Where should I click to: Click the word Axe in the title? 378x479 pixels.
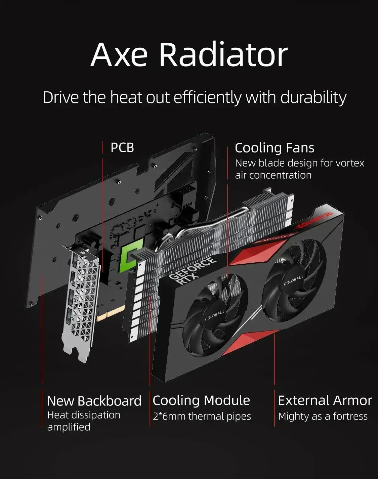click(119, 54)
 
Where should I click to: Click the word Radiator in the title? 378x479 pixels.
click(223, 54)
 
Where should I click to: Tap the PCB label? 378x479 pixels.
click(122, 147)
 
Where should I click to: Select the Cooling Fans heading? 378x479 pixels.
click(275, 148)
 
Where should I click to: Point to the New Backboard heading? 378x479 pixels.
click(94, 401)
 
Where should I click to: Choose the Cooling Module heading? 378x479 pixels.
click(201, 400)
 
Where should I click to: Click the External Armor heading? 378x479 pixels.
click(325, 400)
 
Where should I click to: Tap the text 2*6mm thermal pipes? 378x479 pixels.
click(202, 416)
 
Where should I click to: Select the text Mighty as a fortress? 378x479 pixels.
click(323, 416)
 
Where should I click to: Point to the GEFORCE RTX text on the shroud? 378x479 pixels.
click(191, 270)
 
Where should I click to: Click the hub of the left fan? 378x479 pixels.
click(215, 316)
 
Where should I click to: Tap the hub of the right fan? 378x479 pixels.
click(293, 279)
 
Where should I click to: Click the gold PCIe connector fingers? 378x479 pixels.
click(111, 312)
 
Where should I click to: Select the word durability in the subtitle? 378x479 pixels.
click(313, 97)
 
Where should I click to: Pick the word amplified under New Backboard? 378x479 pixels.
click(69, 427)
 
